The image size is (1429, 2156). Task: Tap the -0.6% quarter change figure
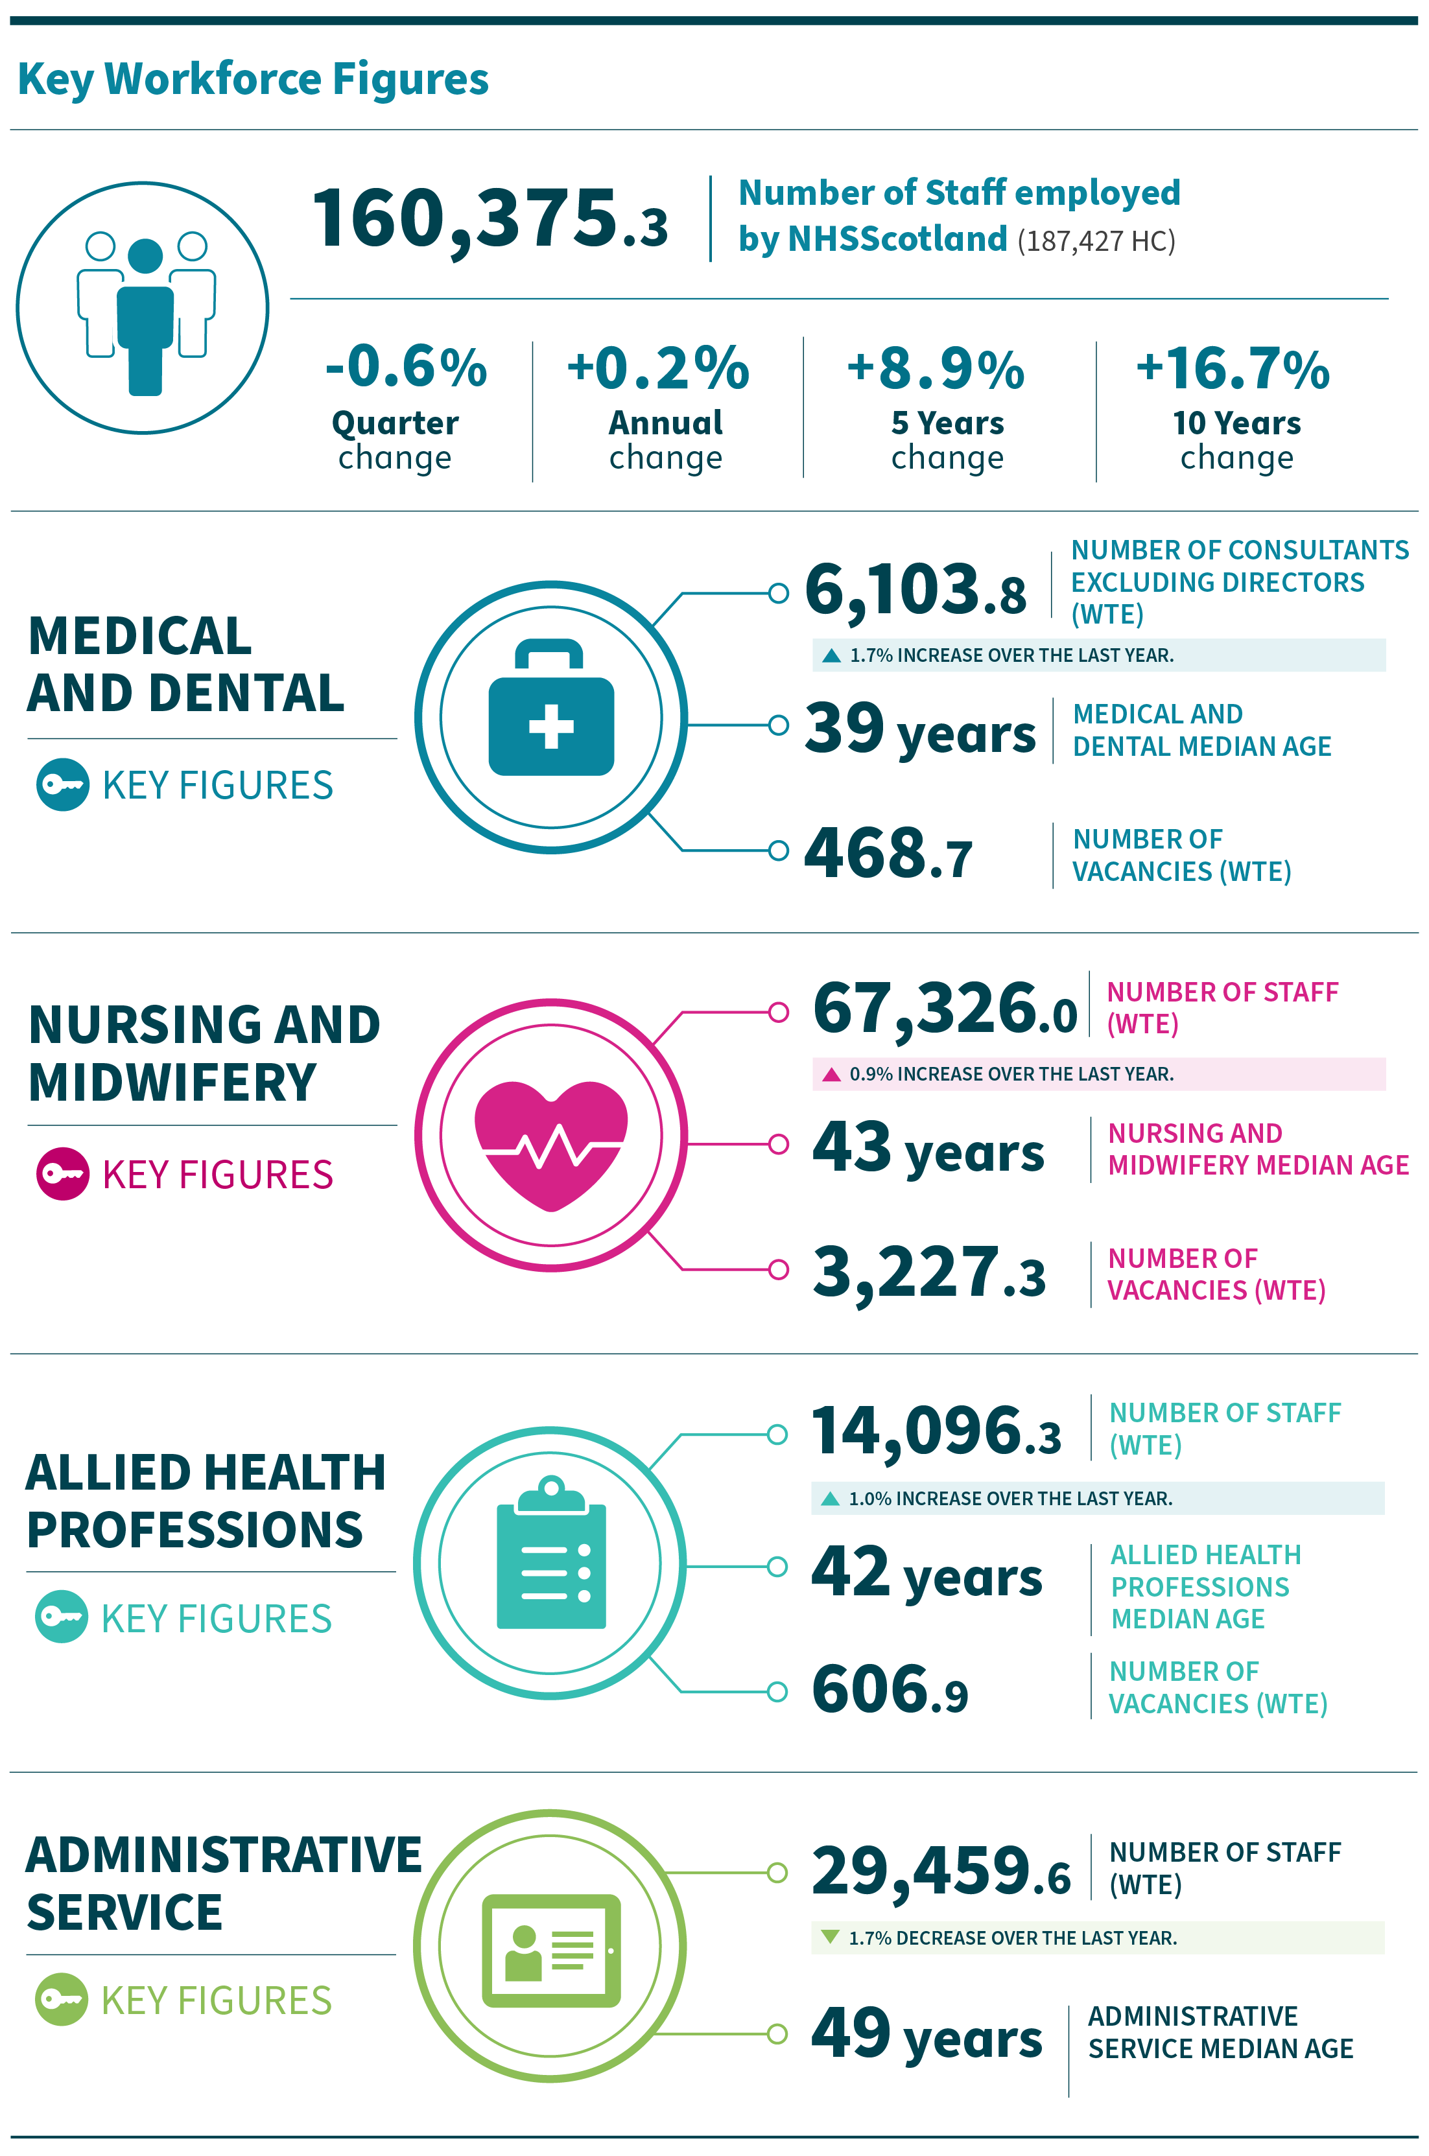(x=407, y=368)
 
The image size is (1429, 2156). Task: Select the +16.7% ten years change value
(x=1233, y=369)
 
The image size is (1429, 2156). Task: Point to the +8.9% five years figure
(x=936, y=369)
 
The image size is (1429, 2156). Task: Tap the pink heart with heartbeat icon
(x=551, y=1143)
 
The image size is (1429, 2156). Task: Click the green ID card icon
(x=551, y=1950)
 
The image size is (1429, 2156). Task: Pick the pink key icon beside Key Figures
(x=63, y=1174)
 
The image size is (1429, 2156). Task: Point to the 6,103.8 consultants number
(x=915, y=591)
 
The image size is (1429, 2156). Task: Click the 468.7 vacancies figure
(x=888, y=854)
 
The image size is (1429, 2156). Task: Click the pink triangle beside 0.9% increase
(x=831, y=1074)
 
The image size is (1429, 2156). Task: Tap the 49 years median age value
(x=926, y=2035)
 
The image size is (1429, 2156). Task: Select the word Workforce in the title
(x=213, y=78)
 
